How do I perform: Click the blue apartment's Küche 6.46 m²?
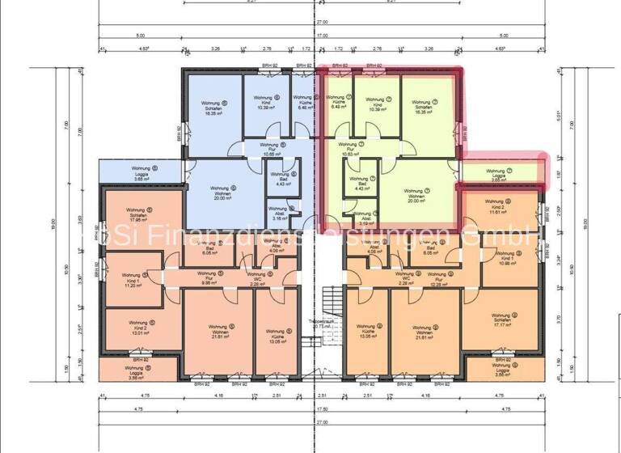click(304, 105)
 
